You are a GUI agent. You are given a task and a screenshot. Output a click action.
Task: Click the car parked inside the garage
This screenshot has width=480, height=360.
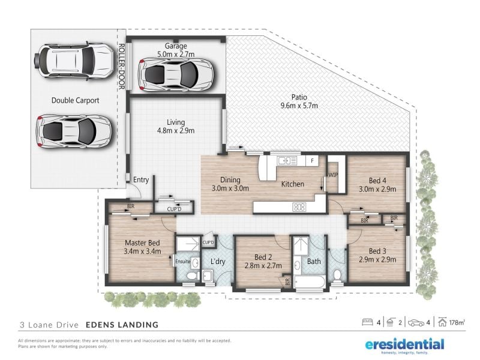pos(176,74)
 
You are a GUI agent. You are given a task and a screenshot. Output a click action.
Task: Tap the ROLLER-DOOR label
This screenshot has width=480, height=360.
pos(122,67)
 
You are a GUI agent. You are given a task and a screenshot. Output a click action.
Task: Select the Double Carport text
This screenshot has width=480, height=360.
pos(76,100)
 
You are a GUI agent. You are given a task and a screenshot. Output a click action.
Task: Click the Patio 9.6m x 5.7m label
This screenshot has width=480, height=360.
pos(299,101)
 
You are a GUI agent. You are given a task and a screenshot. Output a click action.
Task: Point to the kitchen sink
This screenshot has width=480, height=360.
pos(287,160)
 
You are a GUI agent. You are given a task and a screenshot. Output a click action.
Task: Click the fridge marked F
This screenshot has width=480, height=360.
pos(312,160)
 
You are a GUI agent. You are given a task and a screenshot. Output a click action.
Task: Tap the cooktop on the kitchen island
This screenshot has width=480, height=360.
pos(299,207)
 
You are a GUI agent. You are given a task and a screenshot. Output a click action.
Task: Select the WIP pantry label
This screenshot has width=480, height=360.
pos(333,175)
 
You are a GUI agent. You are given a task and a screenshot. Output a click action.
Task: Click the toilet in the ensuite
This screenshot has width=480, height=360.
pos(192,275)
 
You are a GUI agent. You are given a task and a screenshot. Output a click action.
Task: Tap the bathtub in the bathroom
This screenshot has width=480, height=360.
pos(310,281)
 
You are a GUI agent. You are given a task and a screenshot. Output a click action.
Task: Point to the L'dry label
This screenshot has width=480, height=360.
pos(218,262)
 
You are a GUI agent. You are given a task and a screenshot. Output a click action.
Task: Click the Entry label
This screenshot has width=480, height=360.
pos(141,180)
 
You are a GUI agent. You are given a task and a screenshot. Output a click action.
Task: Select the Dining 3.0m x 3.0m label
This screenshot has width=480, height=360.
pos(230,184)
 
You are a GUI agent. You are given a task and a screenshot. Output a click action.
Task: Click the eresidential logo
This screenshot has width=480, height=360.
pos(404,344)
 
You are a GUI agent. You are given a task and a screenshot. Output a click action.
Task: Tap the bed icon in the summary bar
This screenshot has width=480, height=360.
pos(367,322)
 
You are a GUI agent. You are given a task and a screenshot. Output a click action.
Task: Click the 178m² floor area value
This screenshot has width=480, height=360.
pos(457,322)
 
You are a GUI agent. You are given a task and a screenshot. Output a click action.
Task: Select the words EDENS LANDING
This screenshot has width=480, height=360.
pos(122,325)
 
